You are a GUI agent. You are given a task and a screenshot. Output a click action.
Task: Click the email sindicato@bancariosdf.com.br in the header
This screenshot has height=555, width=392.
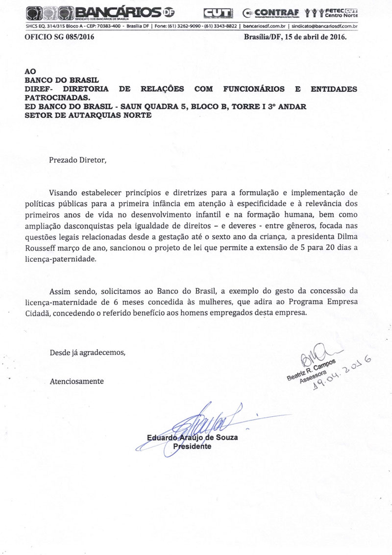pos(324,26)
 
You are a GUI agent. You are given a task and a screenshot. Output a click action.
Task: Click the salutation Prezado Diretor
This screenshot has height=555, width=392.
pos(77,160)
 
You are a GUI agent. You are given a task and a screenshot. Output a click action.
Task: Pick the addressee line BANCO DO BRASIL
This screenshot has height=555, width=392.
pos(62,80)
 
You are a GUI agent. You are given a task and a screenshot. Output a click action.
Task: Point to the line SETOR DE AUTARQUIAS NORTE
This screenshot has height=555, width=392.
pos(88,115)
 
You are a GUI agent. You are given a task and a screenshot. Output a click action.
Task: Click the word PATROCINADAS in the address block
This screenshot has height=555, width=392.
pos(61,98)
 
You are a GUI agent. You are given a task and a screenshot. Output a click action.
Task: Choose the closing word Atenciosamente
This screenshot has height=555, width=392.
pos(76,381)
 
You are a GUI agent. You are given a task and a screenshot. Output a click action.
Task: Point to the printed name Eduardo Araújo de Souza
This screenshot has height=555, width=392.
pos(192,437)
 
